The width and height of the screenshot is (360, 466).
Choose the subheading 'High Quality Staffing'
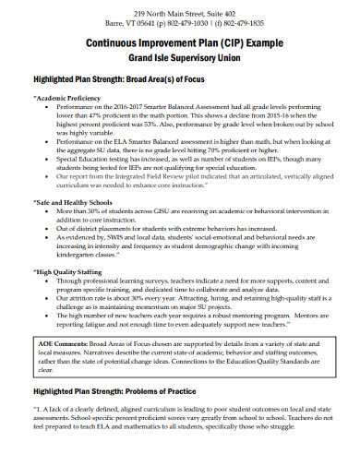[69, 272]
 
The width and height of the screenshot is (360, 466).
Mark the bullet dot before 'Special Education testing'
[49, 159]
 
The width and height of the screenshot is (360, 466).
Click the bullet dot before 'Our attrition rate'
[49, 300]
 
